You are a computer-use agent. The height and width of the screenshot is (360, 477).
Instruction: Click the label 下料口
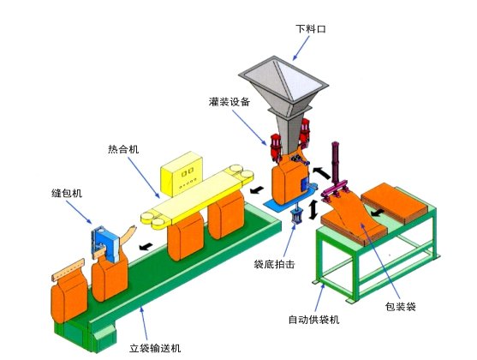pyautogui.click(x=311, y=29)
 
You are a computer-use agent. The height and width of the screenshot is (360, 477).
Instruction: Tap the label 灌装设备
pyautogui.click(x=230, y=102)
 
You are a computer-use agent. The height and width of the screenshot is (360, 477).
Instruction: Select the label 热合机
pyautogui.click(x=123, y=149)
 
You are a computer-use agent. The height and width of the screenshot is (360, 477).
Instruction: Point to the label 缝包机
pyautogui.click(x=67, y=193)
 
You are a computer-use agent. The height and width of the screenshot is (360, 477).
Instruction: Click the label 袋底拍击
pyautogui.click(x=274, y=264)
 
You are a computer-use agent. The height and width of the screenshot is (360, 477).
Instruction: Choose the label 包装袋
pyautogui.click(x=400, y=306)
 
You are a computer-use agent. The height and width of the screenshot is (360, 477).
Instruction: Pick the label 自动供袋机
pyautogui.click(x=313, y=320)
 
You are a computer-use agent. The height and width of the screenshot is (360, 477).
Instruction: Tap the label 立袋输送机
pyautogui.click(x=155, y=348)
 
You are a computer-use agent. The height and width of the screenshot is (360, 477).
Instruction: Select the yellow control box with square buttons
pyautogui.click(x=182, y=174)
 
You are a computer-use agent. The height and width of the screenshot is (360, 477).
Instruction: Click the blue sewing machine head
pyautogui.click(x=105, y=243)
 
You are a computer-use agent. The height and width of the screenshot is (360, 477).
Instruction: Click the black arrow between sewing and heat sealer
pyautogui.click(x=146, y=246)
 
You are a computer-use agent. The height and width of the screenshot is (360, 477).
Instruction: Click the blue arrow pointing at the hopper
pyautogui.click(x=301, y=48)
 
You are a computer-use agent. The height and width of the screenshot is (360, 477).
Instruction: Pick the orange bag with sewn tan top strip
pyautogui.click(x=69, y=291)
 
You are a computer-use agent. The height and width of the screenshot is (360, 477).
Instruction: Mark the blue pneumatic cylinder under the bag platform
pyautogui.click(x=295, y=216)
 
